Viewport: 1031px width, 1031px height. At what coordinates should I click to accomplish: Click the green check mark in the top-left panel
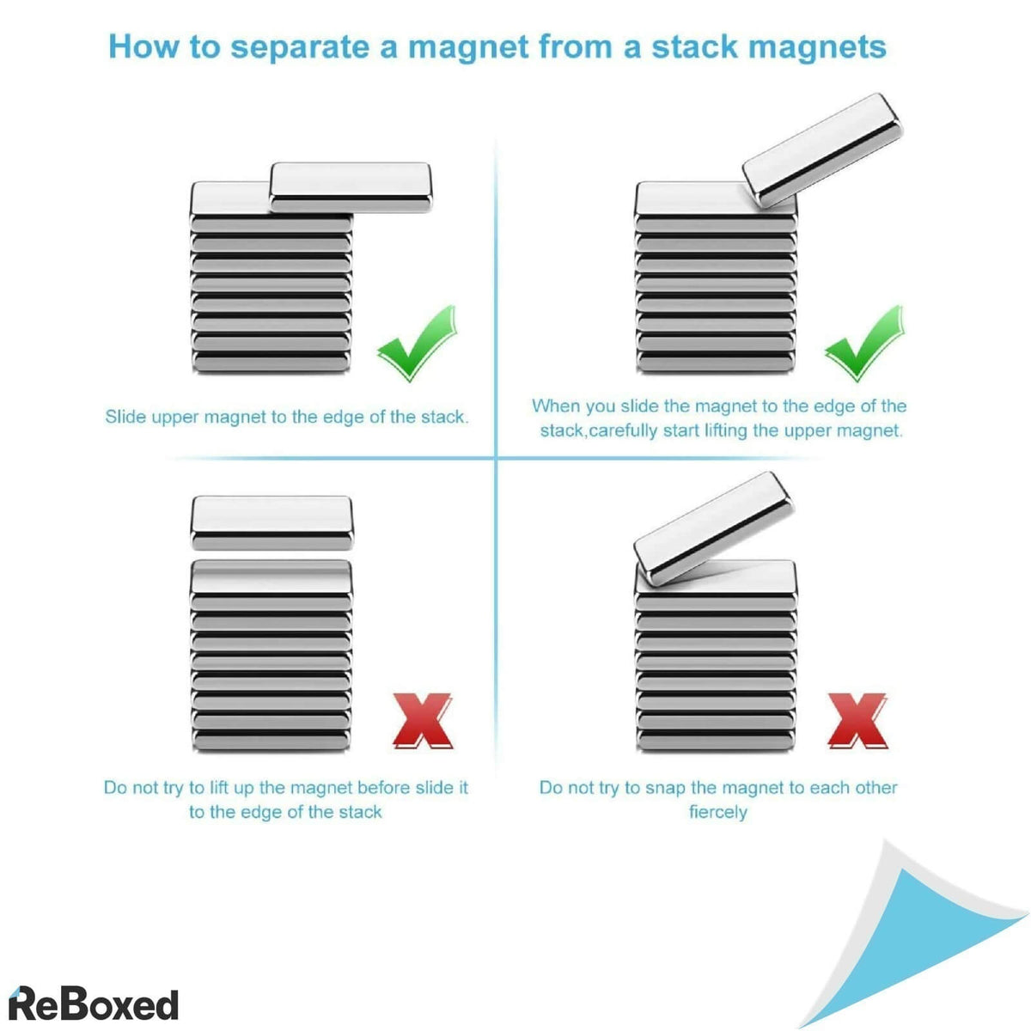point(417,343)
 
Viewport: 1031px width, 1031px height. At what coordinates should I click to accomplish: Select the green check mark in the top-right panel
point(864,343)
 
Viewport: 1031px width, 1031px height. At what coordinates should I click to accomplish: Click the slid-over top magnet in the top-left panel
point(351,186)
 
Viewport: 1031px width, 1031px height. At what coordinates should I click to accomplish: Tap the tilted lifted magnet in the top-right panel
point(823,149)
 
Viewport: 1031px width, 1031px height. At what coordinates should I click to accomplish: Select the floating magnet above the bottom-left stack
point(271,522)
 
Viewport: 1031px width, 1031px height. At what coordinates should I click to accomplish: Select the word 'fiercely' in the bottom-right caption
point(718,812)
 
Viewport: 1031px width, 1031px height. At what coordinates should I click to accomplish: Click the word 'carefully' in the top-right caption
point(623,430)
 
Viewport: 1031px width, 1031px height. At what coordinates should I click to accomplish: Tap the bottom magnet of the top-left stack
point(271,362)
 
